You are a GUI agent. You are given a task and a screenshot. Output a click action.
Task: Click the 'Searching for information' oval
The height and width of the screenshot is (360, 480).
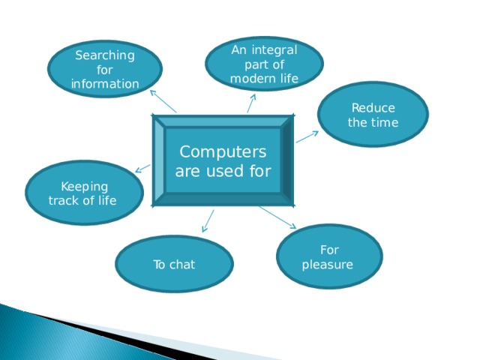pos(104,68)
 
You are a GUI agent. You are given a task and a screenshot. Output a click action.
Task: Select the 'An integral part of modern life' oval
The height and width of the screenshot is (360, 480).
pos(264,64)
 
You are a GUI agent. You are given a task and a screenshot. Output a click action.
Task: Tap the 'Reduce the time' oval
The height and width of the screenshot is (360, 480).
pos(373,115)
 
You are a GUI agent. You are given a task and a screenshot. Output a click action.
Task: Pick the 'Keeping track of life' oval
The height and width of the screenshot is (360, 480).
pos(83,193)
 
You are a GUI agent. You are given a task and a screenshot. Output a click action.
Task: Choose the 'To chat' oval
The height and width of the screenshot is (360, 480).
pos(174,264)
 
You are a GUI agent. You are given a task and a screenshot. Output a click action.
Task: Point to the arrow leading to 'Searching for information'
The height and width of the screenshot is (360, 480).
pos(163,102)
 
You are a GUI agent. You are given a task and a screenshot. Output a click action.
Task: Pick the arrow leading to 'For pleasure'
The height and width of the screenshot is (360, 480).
pos(277,217)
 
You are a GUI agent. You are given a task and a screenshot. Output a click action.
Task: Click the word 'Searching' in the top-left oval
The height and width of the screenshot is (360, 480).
pos(105,55)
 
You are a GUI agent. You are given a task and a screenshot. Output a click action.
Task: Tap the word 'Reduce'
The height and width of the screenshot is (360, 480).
pos(373,108)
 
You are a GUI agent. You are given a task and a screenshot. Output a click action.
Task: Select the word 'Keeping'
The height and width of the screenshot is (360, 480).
pos(84,187)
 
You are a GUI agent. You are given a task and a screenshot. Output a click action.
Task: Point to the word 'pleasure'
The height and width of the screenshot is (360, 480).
pos(327,264)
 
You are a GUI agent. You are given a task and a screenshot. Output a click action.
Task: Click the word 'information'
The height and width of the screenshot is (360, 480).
pos(105,82)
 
